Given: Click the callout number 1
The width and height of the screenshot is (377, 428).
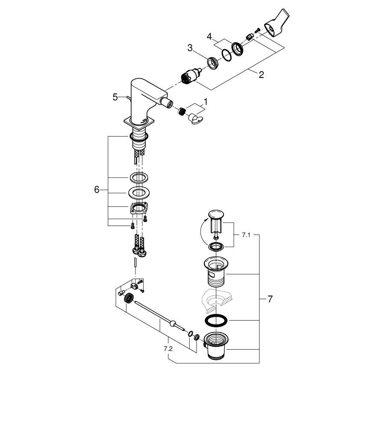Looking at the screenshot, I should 205,102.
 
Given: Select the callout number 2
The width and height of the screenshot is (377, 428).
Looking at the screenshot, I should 261,75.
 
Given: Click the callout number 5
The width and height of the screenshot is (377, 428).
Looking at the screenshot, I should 115,97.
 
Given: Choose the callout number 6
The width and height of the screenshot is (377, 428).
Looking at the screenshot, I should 97,189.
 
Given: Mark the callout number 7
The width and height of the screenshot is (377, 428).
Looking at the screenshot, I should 270,299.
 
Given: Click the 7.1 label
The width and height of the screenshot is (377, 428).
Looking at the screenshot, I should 246,235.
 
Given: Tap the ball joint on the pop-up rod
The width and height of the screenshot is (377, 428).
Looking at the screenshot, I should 174,324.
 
